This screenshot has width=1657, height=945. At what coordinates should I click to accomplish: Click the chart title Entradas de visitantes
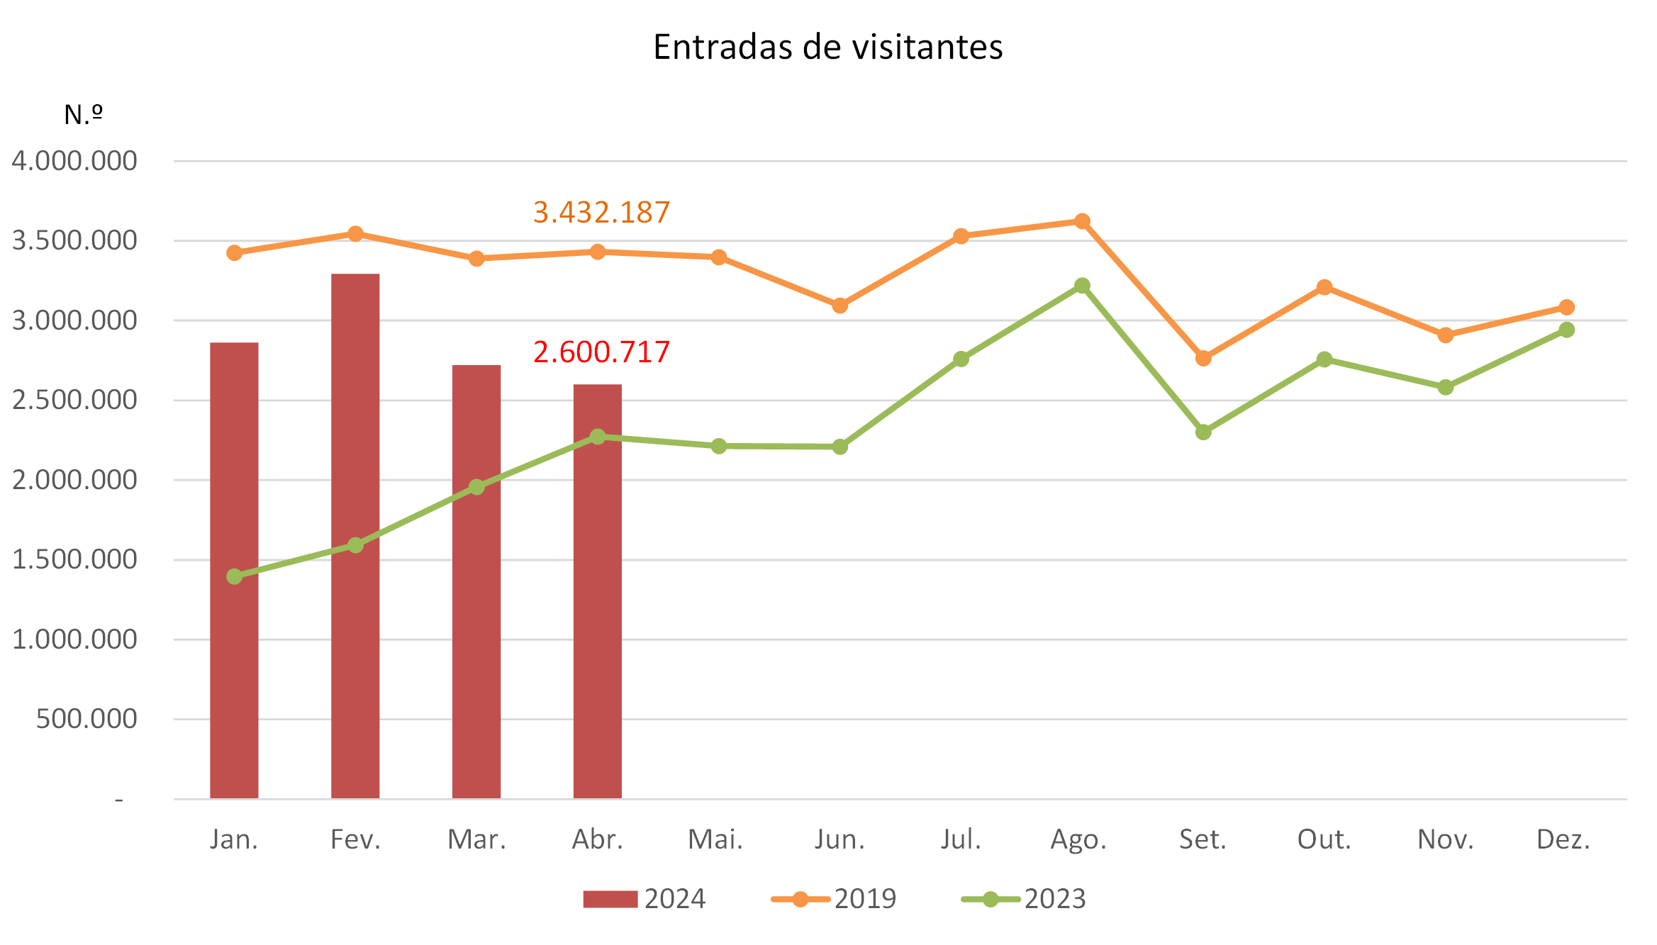827,47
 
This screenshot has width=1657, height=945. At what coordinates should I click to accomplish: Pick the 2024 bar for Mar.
476,581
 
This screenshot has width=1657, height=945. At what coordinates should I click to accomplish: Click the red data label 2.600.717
601,352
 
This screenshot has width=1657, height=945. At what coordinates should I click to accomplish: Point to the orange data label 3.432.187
601,213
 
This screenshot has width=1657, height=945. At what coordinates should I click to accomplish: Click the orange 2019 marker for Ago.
1082,221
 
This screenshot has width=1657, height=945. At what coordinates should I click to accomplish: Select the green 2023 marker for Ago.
1082,286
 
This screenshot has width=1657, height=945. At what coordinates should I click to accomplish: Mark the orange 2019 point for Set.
1203,359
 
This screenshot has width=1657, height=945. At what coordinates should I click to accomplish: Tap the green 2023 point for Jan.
235,576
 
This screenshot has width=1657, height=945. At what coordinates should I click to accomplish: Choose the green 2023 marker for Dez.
1567,330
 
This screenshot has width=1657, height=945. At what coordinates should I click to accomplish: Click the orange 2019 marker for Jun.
840,306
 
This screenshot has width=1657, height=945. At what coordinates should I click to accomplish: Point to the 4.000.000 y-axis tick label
74,161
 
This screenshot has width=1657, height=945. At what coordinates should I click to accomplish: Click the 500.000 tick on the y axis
87,719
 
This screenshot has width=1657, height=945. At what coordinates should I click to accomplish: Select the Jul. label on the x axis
961,839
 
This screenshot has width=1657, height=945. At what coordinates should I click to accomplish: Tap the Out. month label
1324,839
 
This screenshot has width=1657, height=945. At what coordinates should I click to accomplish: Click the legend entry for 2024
644,899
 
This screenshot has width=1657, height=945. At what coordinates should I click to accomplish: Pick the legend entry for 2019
834,899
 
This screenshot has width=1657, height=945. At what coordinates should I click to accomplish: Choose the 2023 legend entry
1024,899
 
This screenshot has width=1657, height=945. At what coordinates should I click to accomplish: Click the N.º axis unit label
83,115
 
